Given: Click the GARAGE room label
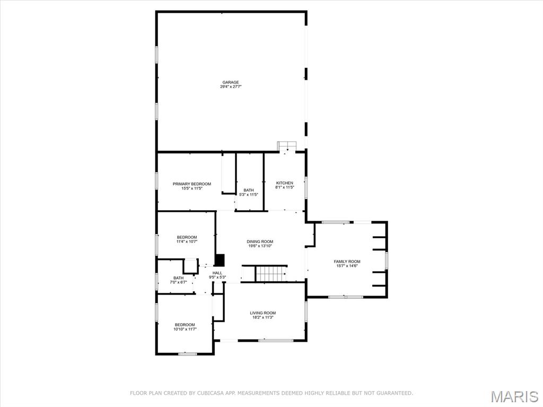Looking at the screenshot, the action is click(230, 82).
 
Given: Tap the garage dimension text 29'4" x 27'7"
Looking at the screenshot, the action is click(230, 86).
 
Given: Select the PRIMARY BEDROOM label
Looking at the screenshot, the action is click(192, 184).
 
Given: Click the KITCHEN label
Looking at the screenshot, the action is click(285, 183).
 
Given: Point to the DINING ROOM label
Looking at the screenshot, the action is click(260, 241).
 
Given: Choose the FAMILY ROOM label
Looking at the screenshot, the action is click(347, 262).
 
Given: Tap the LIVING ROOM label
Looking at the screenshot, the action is click(263, 313).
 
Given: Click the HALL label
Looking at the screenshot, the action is click(217, 273).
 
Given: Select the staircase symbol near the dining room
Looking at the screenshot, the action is click(271, 273).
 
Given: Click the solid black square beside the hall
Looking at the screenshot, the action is click(220, 260).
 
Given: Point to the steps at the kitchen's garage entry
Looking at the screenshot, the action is click(287, 146).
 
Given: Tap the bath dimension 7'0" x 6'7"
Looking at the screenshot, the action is click(178, 282).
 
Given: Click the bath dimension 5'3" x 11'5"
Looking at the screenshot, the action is click(249, 195).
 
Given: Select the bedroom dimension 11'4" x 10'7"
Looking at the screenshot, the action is click(187, 241).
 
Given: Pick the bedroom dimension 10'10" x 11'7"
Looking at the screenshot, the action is click(185, 329).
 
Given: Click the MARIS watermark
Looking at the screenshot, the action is click(515, 396).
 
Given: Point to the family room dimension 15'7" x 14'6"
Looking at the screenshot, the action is click(347, 266).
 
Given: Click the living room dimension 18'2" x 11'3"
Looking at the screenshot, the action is click(263, 317).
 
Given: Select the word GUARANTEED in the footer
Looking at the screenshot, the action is click(395, 393).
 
